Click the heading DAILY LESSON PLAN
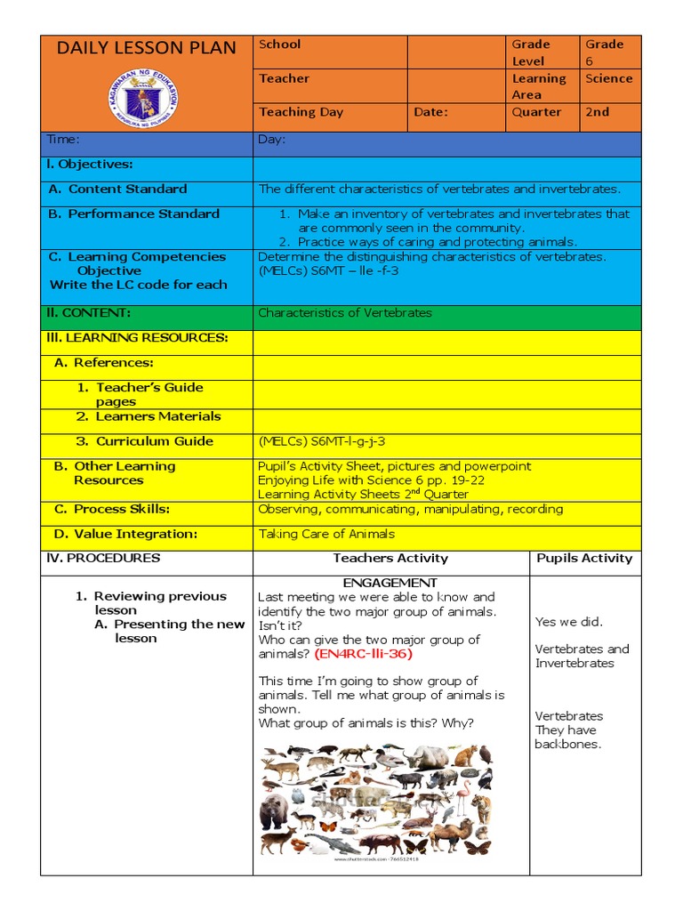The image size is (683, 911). [x=147, y=48]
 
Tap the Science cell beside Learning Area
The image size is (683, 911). [x=608, y=78]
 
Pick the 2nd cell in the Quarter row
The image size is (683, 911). [x=597, y=112]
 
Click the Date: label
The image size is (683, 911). [x=431, y=112]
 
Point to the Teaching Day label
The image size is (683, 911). [x=301, y=112]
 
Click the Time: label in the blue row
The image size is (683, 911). [x=63, y=140]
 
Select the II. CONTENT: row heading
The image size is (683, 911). [x=88, y=313]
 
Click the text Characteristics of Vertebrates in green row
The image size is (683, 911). [x=344, y=313]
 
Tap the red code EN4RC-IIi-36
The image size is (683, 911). [x=363, y=653]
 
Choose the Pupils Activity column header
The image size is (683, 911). [x=584, y=559]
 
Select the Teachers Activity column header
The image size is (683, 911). [x=390, y=559]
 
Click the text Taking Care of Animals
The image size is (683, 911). [x=326, y=534]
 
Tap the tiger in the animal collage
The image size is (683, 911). [x=482, y=807]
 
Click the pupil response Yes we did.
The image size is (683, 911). [x=568, y=622]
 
